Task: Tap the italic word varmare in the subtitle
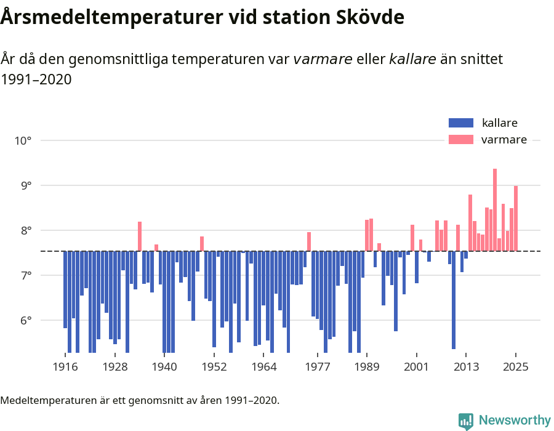point(323,59)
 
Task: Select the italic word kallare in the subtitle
point(413,59)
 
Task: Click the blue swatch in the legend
point(461,123)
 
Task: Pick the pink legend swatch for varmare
point(461,140)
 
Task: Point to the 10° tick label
point(23,140)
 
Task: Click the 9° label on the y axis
point(25,185)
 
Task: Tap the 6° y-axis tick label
point(25,320)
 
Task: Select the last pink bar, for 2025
point(516,219)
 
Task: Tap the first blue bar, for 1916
point(65,289)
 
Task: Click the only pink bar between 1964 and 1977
point(309,241)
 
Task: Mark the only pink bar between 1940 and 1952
point(201,244)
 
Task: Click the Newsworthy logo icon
point(466,421)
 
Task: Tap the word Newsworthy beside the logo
point(515,421)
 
